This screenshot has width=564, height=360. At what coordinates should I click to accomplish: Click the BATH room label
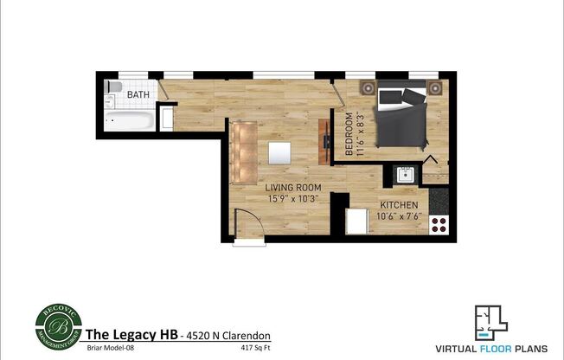(x=138, y=93)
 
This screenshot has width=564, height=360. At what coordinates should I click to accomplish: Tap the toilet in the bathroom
(x=112, y=88)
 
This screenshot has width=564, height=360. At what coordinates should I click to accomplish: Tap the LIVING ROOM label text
(x=293, y=187)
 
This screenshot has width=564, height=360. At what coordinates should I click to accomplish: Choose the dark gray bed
(x=400, y=114)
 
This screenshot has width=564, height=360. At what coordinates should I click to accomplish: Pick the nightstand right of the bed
(x=433, y=87)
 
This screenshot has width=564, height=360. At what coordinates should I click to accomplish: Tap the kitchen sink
(x=406, y=174)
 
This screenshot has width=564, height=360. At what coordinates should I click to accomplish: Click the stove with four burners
(x=439, y=225)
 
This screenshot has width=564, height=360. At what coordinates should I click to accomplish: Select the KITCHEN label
(x=400, y=204)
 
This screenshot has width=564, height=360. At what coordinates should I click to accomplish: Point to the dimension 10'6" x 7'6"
(x=400, y=216)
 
